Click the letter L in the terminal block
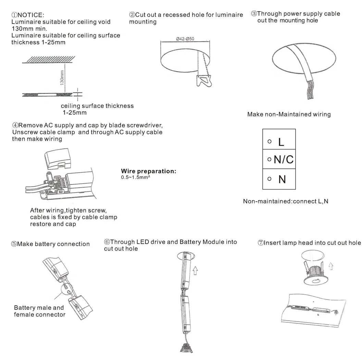pyautogui.click(x=281, y=142)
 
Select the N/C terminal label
pyautogui.click(x=284, y=159)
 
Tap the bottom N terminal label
pyautogui.click(x=282, y=179)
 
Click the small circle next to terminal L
pyautogui.click(x=270, y=141)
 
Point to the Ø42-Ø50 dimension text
pyautogui.click(x=185, y=39)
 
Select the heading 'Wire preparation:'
pyautogui.click(x=148, y=171)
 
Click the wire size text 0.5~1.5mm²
pyautogui.click(x=136, y=178)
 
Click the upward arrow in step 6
pyautogui.click(x=195, y=271)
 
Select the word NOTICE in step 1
pyautogui.click(x=30, y=15)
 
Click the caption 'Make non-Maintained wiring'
pyautogui.click(x=289, y=114)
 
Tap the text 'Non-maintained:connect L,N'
pyautogui.click(x=285, y=201)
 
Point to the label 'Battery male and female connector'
pyautogui.click(x=39, y=311)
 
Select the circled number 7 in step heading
pyautogui.click(x=260, y=243)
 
